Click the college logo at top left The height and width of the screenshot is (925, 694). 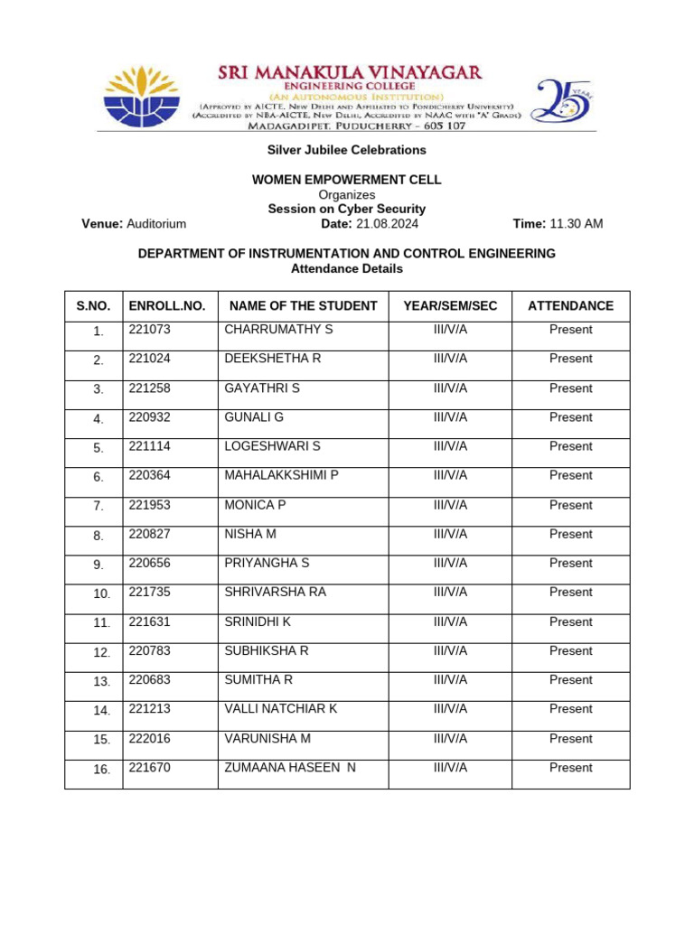click(x=142, y=97)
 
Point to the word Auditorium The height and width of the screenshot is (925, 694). click(x=156, y=224)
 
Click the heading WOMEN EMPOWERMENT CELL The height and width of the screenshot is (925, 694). click(x=346, y=180)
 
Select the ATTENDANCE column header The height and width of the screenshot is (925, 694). click(x=570, y=306)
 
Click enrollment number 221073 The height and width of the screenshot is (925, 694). click(x=149, y=330)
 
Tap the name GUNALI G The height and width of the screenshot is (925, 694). click(x=254, y=417)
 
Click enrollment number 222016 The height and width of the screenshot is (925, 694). click(x=149, y=739)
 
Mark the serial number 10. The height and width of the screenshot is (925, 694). click(x=101, y=594)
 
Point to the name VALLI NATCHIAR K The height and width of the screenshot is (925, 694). click(x=280, y=709)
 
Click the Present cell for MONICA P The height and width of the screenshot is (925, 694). click(x=570, y=505)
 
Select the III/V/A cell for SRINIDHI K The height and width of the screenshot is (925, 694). click(x=450, y=621)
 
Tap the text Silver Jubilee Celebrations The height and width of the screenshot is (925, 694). click(x=346, y=150)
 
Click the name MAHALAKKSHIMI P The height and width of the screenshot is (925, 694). click(x=281, y=475)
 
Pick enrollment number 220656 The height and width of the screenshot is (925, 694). click(x=149, y=563)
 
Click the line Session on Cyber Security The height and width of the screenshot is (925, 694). click(x=346, y=209)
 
